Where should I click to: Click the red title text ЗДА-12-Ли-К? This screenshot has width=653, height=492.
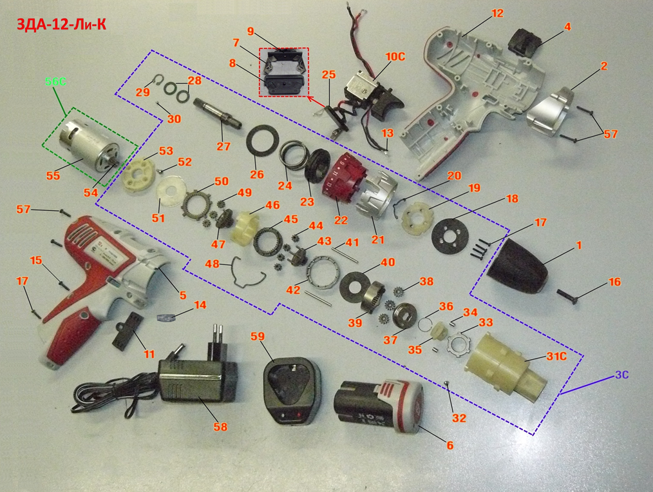61,25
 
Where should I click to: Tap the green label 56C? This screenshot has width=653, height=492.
55,81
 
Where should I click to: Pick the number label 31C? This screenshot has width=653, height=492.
556,357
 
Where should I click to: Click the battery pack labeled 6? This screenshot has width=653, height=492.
378,405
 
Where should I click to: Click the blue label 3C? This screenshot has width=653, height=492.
621,375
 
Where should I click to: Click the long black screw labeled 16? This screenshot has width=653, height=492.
568,295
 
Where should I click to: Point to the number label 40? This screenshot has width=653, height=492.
388,262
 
